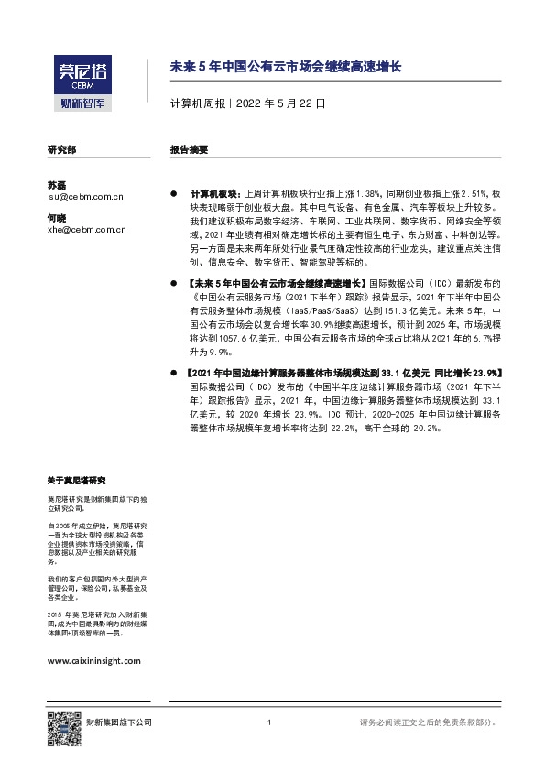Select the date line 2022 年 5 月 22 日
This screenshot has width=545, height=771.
(279, 104)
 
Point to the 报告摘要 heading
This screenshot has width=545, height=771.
(189, 148)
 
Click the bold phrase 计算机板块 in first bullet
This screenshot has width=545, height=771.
(213, 195)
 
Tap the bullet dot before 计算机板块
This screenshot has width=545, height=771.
(173, 195)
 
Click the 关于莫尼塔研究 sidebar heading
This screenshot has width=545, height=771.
(76, 481)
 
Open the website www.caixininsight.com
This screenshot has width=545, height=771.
(93, 659)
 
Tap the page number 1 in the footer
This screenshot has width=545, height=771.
(268, 723)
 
